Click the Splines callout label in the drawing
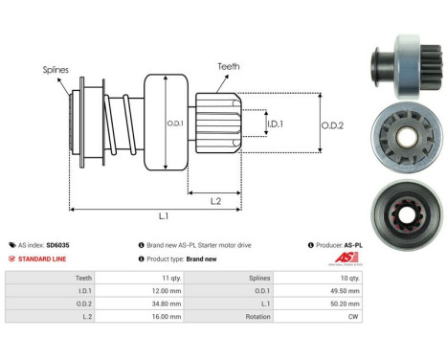[x=55, y=70]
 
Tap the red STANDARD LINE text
[x=42, y=259]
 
